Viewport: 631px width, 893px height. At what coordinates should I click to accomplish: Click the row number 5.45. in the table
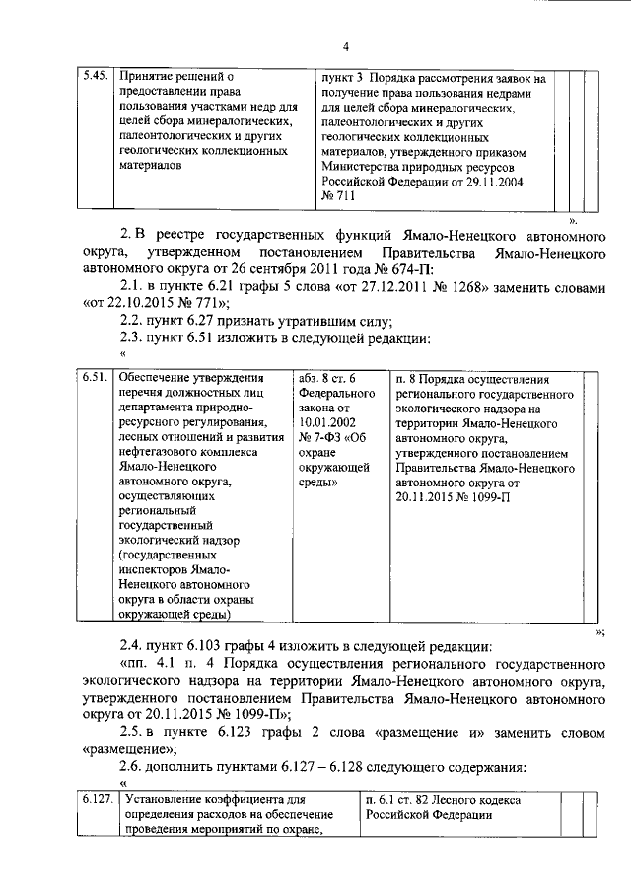(96, 75)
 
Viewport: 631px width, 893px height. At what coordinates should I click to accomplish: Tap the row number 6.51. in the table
(95, 378)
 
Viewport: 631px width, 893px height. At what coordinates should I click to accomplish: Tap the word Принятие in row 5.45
(147, 75)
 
